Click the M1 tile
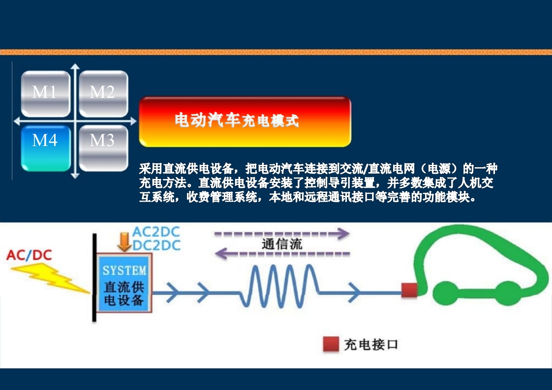pyautogui.click(x=45, y=93)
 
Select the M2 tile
pyautogui.click(x=103, y=93)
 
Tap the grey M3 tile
pyautogui.click(x=103, y=148)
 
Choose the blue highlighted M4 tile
pyautogui.click(x=45, y=148)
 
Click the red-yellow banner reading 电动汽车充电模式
pyautogui.click(x=245, y=121)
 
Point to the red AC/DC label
pyautogui.click(x=29, y=255)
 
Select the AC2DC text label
pyautogui.click(x=156, y=232)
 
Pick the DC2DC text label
pyautogui.click(x=156, y=245)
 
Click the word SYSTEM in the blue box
pyautogui.click(x=124, y=270)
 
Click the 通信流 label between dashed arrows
pyautogui.click(x=282, y=244)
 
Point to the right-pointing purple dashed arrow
pyautogui.click(x=282, y=234)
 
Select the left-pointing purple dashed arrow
pyautogui.click(x=282, y=254)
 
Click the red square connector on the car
pyautogui.click(x=409, y=290)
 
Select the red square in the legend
pyautogui.click(x=331, y=345)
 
